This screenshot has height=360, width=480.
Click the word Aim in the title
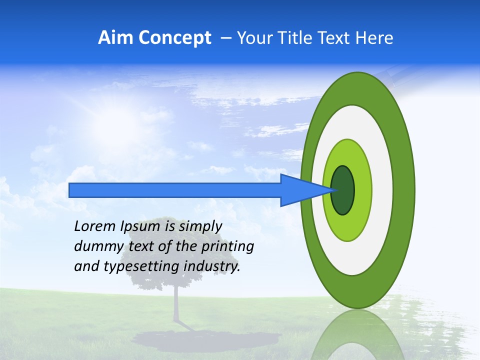[115, 38]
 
